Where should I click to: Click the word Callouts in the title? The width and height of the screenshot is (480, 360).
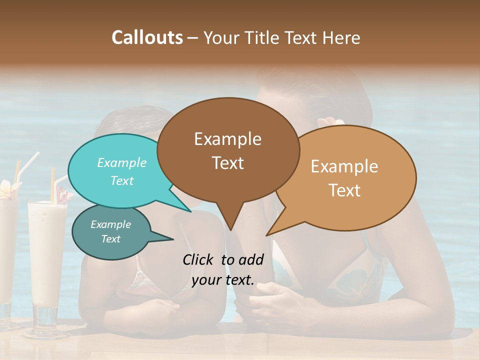(147, 37)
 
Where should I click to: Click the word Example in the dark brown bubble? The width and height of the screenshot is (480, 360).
(227, 139)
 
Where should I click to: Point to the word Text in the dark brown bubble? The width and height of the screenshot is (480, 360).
(227, 162)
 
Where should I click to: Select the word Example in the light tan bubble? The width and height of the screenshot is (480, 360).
(344, 166)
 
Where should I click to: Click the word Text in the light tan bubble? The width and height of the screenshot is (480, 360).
(344, 190)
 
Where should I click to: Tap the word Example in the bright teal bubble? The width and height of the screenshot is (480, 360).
(122, 162)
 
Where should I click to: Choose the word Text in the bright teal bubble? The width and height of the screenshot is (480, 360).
(122, 180)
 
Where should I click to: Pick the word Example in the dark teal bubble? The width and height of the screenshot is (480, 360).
(110, 224)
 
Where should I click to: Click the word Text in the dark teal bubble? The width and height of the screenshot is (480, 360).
(110, 239)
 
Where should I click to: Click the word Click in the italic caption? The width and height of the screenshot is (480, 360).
(199, 259)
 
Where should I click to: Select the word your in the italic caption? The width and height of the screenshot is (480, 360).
(206, 280)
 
